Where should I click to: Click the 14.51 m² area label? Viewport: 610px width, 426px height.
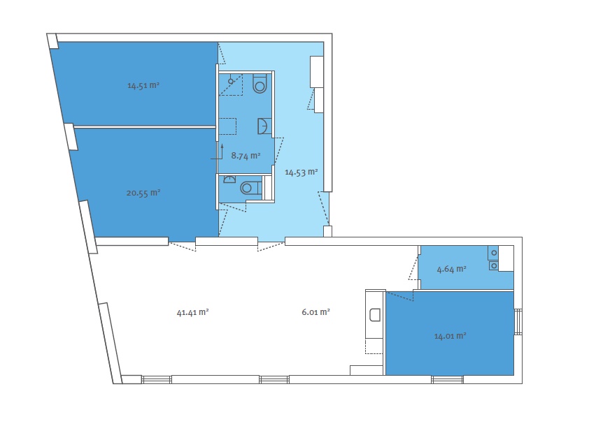click(x=143, y=85)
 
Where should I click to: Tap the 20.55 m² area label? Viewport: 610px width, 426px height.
click(x=143, y=193)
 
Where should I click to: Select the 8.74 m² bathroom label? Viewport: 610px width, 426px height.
click(x=246, y=156)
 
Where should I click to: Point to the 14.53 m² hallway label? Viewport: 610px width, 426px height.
click(x=301, y=172)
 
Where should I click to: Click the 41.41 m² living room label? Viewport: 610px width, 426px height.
click(x=192, y=312)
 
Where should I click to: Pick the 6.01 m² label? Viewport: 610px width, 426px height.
click(x=315, y=312)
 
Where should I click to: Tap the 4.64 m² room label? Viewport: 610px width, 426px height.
click(x=451, y=269)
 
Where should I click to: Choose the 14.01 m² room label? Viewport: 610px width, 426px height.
click(x=450, y=336)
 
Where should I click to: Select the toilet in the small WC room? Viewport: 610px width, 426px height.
click(x=250, y=189)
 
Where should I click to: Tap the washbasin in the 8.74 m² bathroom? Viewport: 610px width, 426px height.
click(x=264, y=126)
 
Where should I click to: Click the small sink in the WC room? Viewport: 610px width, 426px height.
click(x=230, y=179)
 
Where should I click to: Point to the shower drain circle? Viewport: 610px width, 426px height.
click(x=231, y=82)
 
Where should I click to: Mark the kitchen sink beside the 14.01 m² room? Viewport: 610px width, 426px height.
click(x=375, y=314)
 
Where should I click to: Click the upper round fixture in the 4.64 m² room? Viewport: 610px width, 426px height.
click(x=494, y=254)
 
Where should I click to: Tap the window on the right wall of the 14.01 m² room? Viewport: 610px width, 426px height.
click(x=518, y=321)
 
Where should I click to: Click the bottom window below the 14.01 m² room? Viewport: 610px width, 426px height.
click(x=447, y=379)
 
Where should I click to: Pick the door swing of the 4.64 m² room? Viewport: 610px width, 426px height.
click(x=413, y=267)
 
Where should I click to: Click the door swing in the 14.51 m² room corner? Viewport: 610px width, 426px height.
click(x=221, y=54)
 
